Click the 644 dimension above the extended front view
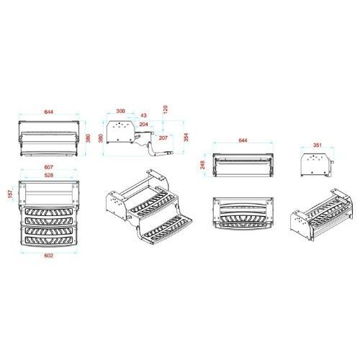[x=48, y=112]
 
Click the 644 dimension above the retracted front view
[x=243, y=140]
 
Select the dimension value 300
[x=120, y=111]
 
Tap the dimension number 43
[x=143, y=115]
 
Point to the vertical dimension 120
[x=166, y=109]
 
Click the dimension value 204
[x=144, y=125]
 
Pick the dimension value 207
[x=163, y=138]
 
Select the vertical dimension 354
[x=186, y=138]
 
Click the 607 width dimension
[x=49, y=167]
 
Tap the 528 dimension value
[x=49, y=176]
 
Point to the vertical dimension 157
[x=10, y=194]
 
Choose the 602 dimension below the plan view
[x=48, y=256]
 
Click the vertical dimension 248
[x=203, y=165]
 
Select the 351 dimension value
[x=318, y=145]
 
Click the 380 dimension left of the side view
[x=101, y=138]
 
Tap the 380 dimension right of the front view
[x=89, y=138]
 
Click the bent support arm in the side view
[x=153, y=152]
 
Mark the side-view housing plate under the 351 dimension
[x=316, y=165]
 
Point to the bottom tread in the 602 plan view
[x=49, y=240]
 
